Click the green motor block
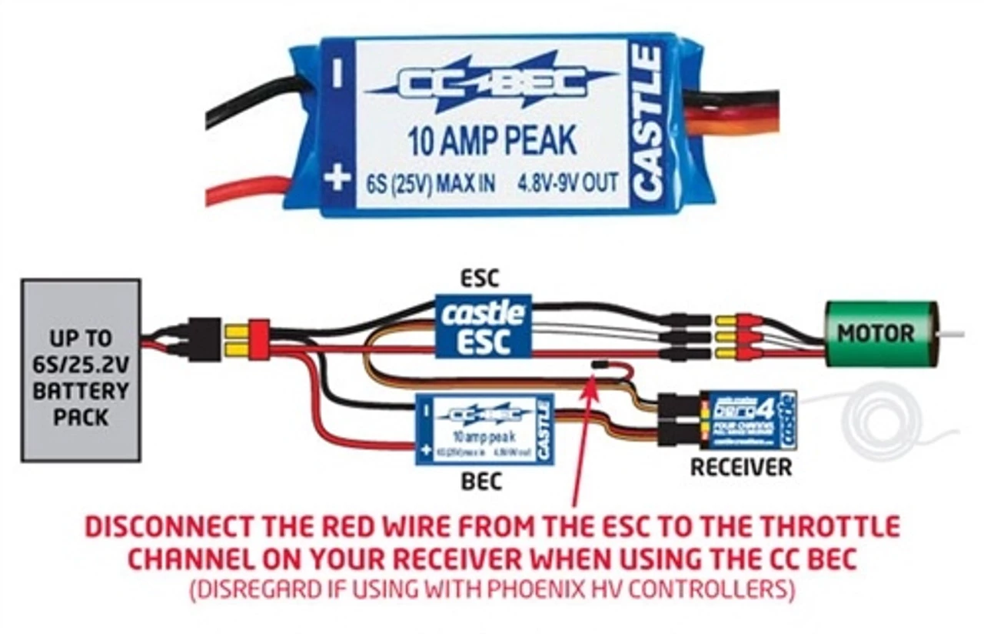click(876, 333)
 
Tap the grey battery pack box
click(81, 370)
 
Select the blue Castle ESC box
click(484, 326)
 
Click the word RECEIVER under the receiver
click(740, 466)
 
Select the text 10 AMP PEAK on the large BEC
click(492, 142)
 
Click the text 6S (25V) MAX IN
click(430, 185)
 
